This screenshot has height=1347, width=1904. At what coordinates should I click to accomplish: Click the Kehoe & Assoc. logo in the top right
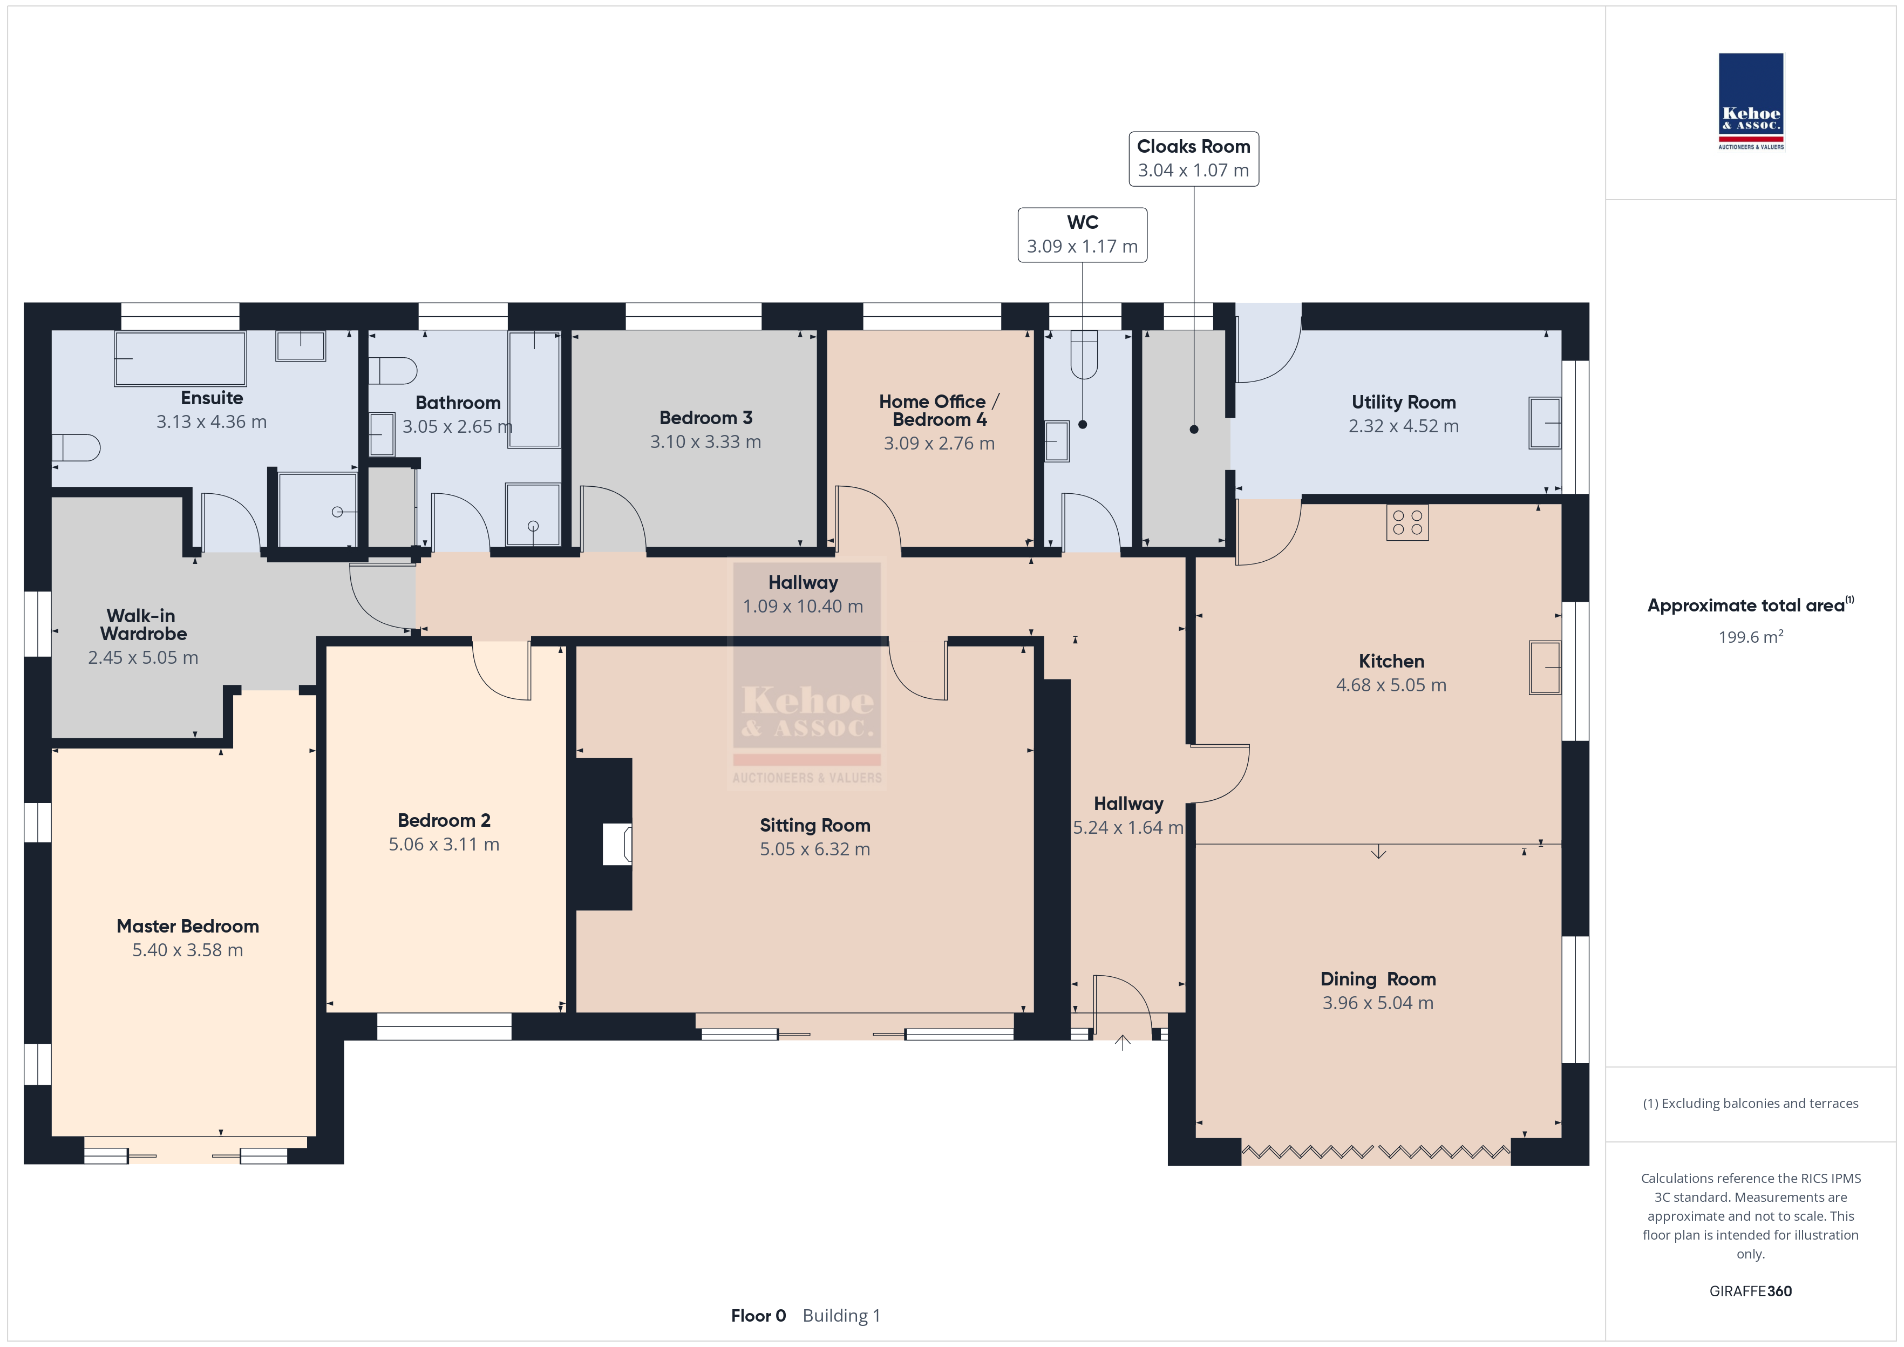[x=1751, y=101]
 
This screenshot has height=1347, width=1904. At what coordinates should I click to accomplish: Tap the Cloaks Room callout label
[x=1193, y=159]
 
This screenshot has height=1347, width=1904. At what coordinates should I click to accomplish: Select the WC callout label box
[x=1082, y=235]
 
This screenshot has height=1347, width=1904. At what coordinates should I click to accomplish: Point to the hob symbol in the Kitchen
[x=1407, y=522]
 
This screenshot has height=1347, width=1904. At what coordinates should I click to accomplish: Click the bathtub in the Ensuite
[x=180, y=358]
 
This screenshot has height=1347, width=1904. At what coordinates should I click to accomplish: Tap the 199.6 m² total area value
[x=1751, y=636]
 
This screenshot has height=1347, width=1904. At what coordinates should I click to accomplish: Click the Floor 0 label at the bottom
[x=758, y=1316]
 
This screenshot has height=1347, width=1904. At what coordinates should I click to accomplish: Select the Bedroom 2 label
[x=444, y=820]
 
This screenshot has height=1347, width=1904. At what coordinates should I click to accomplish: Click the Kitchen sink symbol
[x=1545, y=667]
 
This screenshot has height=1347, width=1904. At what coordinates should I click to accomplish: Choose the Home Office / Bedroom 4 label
[x=939, y=411]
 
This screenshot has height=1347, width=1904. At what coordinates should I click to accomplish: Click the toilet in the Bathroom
[x=392, y=371]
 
